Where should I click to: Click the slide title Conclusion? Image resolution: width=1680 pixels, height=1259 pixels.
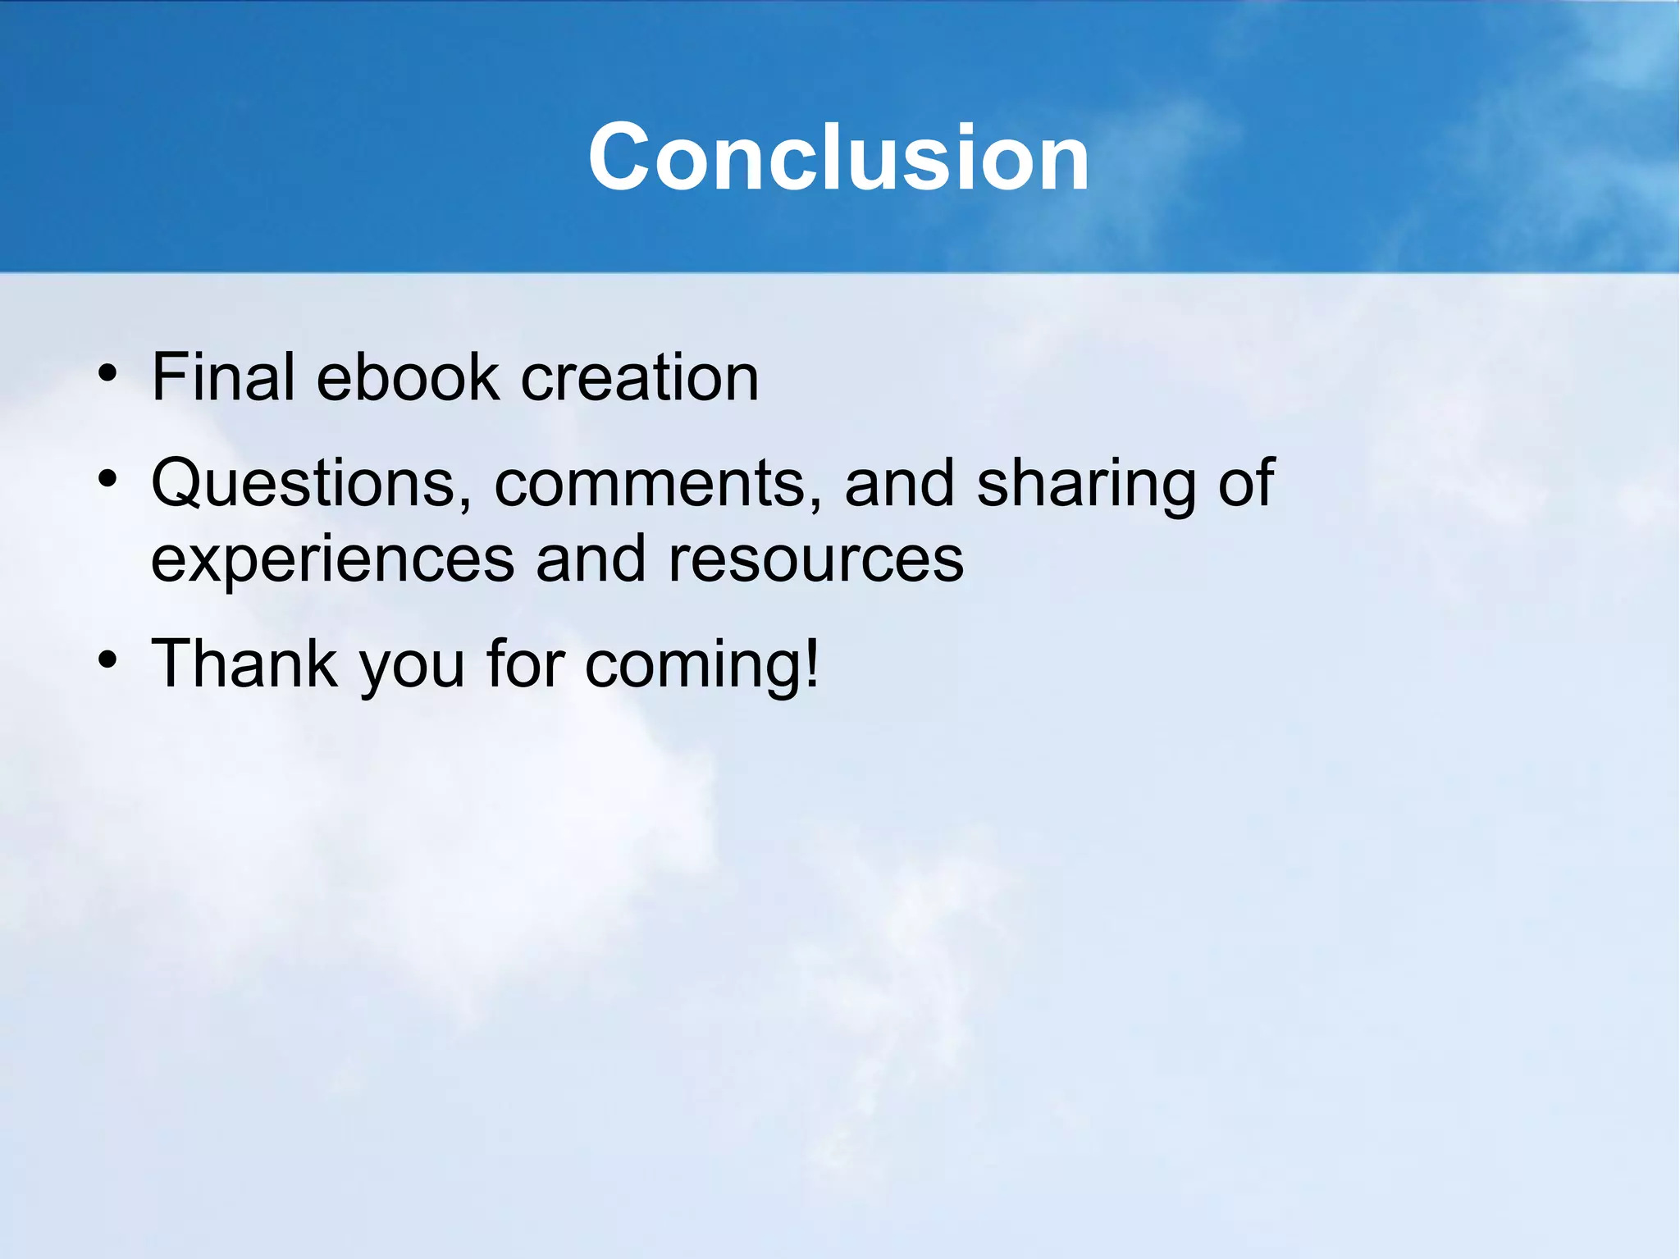point(838,157)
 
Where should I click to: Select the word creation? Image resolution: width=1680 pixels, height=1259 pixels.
point(640,377)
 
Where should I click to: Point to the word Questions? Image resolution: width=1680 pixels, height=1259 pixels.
point(303,484)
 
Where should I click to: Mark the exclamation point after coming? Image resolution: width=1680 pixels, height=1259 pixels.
point(811,661)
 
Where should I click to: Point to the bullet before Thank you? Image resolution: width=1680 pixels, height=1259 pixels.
point(107,659)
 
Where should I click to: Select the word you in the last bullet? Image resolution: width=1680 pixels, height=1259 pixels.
point(413,668)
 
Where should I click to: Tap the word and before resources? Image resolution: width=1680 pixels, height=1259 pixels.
point(591,559)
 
